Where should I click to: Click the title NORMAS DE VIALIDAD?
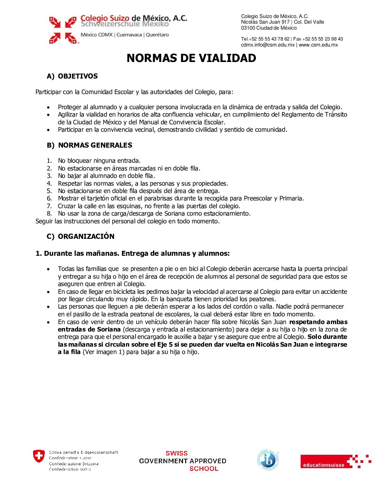pyautogui.click(x=191, y=58)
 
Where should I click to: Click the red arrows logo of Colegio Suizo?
pyautogui.click(x=63, y=30)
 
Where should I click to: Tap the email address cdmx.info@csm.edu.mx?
pyautogui.click(x=268, y=45)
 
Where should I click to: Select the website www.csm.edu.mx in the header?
pyautogui.click(x=318, y=45)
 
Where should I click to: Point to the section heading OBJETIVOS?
pyautogui.click(x=78, y=76)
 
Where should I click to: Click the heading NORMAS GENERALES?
pyautogui.click(x=95, y=145)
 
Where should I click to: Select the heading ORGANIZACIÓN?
pyautogui.click(x=86, y=236)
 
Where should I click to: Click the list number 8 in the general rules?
pyautogui.click(x=49, y=213)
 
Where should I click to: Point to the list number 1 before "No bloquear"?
pyautogui.click(x=49, y=161)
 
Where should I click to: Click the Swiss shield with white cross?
pyautogui.click(x=39, y=456)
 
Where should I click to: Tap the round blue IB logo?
pyautogui.click(x=268, y=460)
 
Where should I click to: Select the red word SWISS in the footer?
pyautogui.click(x=177, y=453)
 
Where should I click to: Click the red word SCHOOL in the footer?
pyautogui.click(x=204, y=469)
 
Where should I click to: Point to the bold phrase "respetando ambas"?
pyautogui.click(x=318, y=322)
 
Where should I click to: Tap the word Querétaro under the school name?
pyautogui.click(x=157, y=35)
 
